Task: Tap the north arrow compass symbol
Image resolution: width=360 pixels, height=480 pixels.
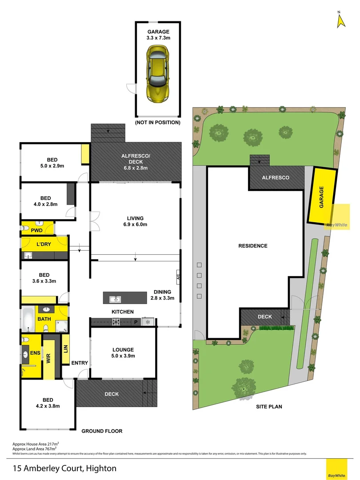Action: point(341,20)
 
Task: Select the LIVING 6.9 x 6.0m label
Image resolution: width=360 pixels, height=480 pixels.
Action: point(135,221)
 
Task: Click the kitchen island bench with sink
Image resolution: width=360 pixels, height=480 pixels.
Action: point(125,297)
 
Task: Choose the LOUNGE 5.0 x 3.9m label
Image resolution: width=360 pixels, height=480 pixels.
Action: point(123,353)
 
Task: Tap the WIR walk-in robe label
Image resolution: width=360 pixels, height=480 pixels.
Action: point(48,358)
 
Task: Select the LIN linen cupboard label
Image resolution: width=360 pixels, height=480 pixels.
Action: point(65,349)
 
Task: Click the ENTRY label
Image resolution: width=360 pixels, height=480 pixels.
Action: point(80,363)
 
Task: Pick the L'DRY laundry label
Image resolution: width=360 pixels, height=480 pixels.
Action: point(44,244)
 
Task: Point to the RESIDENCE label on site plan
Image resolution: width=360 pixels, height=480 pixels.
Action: point(253,246)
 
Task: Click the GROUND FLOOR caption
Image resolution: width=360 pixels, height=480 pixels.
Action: point(102,431)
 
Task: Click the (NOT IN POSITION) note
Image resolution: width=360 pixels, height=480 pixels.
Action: point(158,122)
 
